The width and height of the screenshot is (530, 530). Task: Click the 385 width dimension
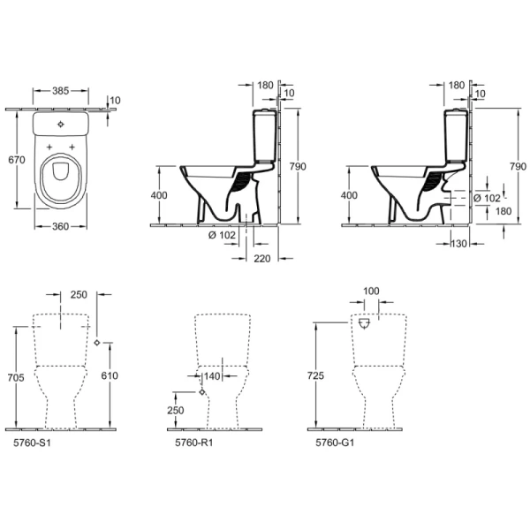pyautogui.click(x=60, y=91)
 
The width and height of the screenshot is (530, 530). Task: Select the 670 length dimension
pyautogui.click(x=17, y=160)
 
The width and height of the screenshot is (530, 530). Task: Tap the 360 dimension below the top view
pyautogui.click(x=60, y=226)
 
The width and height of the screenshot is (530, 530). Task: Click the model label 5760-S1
pyautogui.click(x=32, y=443)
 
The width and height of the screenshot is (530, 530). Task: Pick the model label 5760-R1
pyautogui.click(x=194, y=443)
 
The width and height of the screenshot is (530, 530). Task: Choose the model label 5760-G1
pyautogui.click(x=335, y=443)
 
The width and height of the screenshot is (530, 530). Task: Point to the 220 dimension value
pyautogui.click(x=262, y=259)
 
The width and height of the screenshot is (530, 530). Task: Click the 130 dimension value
pyautogui.click(x=458, y=244)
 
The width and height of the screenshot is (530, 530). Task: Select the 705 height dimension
pyautogui.click(x=16, y=377)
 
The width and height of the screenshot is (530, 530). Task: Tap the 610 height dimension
pyautogui.click(x=110, y=375)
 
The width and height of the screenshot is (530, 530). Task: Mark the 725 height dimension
pyautogui.click(x=315, y=375)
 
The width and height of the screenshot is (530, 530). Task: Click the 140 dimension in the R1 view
pyautogui.click(x=212, y=376)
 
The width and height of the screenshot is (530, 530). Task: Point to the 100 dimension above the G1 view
pyautogui.click(x=371, y=291)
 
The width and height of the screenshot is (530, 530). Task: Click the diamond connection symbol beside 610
pyautogui.click(x=97, y=343)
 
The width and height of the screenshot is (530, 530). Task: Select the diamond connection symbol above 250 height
pyautogui.click(x=201, y=392)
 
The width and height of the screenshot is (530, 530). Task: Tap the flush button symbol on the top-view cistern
pyautogui.click(x=60, y=125)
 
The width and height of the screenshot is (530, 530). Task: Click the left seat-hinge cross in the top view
pyautogui.click(x=49, y=147)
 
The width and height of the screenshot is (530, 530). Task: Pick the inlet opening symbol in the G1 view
pyautogui.click(x=364, y=323)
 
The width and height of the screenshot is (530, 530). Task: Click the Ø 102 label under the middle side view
pyautogui.click(x=222, y=235)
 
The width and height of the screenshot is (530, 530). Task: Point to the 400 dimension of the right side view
pyautogui.click(x=349, y=195)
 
